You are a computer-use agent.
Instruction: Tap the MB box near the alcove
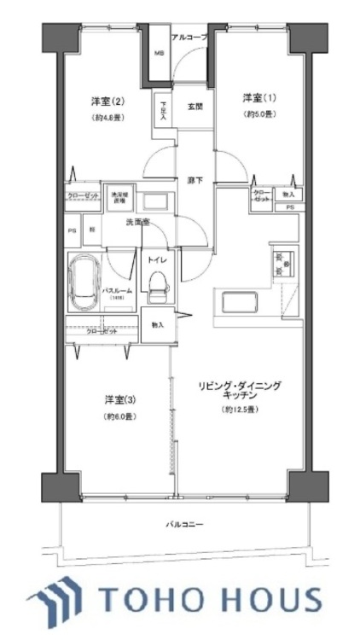tap(158, 55)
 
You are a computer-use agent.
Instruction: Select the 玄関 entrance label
tap(195, 107)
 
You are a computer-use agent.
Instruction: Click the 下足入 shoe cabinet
tap(162, 112)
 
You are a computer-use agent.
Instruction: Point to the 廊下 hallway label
tap(195, 181)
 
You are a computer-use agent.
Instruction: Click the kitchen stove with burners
tap(281, 264)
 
